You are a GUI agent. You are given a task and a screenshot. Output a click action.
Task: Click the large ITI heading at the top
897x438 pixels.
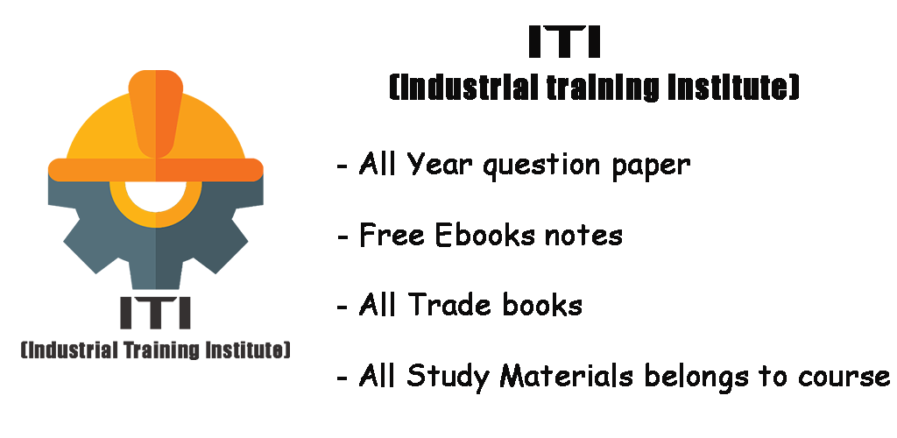tap(565, 41)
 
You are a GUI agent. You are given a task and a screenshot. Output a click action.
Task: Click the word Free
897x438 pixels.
tap(392, 235)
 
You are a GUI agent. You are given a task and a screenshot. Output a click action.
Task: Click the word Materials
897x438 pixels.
tap(566, 375)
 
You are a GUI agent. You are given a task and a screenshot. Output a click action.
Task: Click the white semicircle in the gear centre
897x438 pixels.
tap(156, 196)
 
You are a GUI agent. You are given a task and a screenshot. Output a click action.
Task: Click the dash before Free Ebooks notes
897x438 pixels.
tap(343, 237)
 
